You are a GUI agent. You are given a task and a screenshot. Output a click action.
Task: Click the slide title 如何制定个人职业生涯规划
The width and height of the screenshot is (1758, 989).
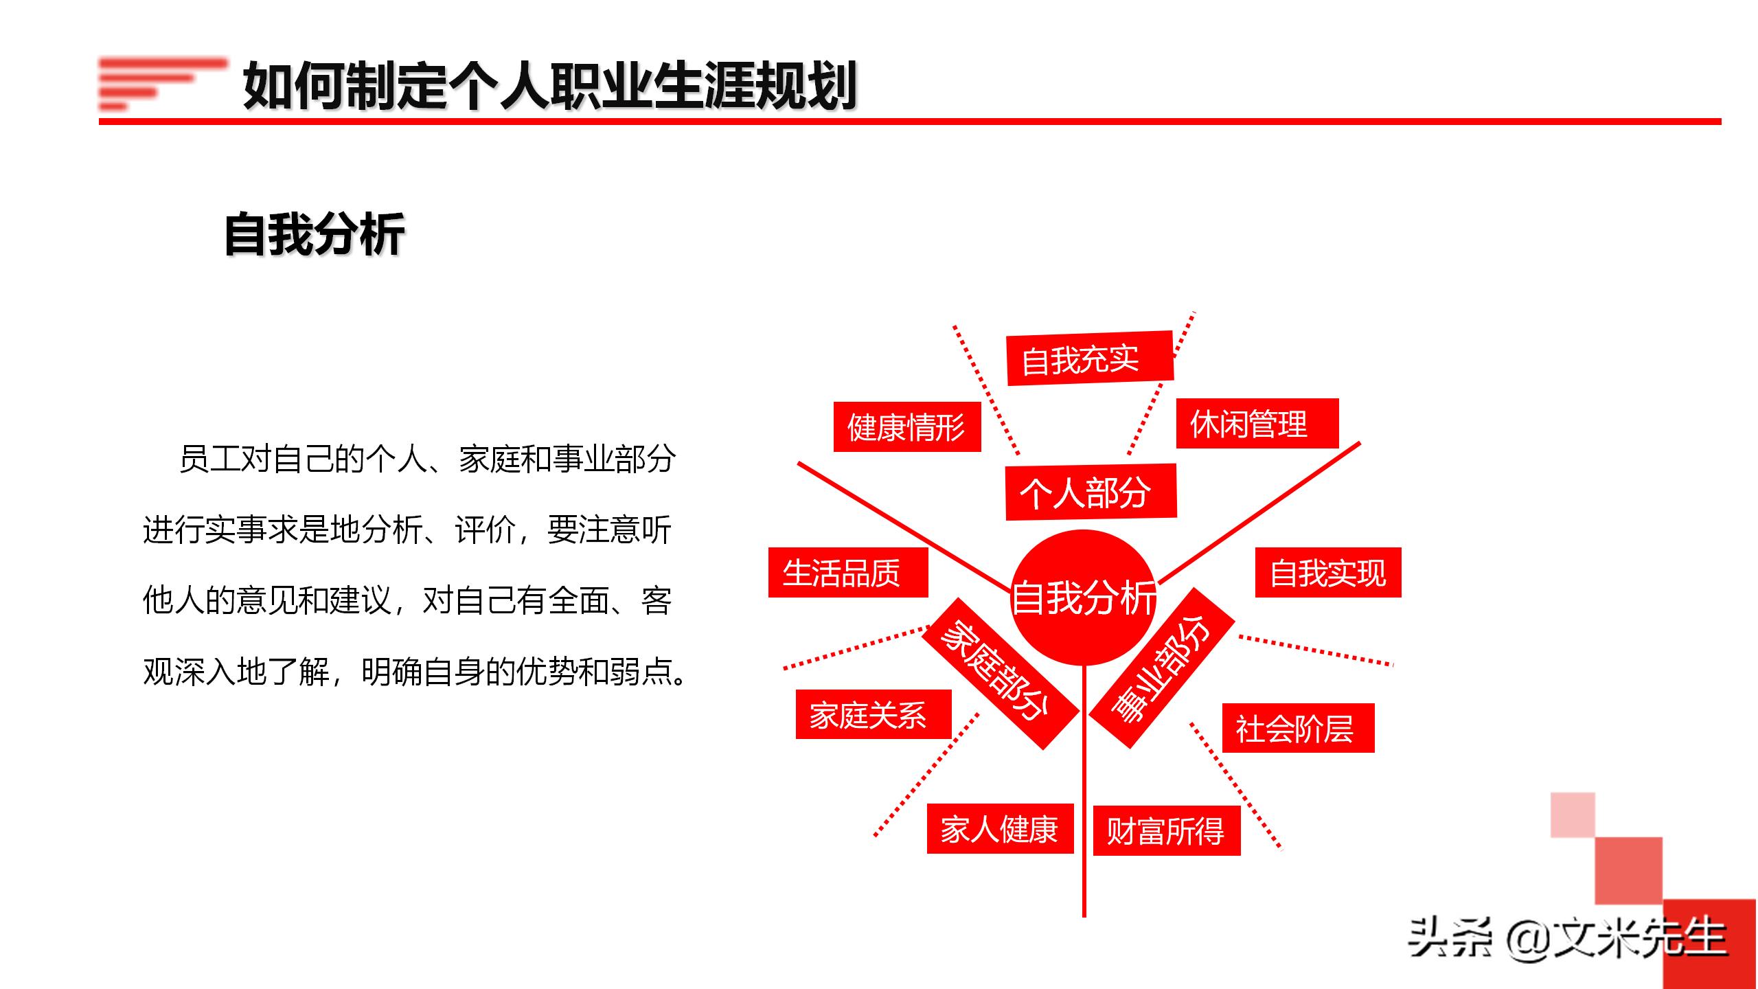tap(549, 87)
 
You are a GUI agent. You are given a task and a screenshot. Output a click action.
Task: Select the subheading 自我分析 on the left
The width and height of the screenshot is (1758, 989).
tap(315, 235)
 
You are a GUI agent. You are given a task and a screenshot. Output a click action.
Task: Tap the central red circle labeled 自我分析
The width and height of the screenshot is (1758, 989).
tap(1084, 596)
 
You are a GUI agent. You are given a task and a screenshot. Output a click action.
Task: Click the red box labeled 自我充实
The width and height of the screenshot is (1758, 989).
tap(1089, 359)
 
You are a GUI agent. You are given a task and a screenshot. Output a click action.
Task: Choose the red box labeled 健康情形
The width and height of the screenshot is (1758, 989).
tap(906, 427)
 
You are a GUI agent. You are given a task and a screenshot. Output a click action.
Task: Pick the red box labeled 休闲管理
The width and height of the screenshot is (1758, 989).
tap(1257, 424)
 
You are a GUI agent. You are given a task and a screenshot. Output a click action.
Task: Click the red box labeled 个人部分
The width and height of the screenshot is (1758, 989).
tap(1091, 492)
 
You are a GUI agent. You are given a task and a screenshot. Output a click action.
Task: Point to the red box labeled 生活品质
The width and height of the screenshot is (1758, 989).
tap(847, 573)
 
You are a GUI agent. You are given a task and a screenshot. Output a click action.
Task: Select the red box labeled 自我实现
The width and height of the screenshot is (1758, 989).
tap(1327, 573)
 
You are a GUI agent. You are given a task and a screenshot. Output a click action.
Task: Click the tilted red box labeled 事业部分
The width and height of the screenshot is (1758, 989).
tap(1162, 668)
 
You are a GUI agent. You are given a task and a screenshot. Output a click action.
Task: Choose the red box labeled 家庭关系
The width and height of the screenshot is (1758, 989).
tap(873, 714)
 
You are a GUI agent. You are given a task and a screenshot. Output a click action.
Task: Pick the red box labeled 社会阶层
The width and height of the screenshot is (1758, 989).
tap(1297, 728)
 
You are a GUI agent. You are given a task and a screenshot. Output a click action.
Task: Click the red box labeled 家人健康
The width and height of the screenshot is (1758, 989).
tap(999, 829)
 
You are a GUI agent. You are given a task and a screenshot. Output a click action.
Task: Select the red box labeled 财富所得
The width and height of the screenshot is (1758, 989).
tap(1166, 831)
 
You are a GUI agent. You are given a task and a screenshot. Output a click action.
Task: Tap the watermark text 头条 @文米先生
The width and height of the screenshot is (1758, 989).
tap(1566, 938)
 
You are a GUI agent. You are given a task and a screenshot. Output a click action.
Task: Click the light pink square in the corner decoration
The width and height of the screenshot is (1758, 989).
tap(1573, 815)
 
